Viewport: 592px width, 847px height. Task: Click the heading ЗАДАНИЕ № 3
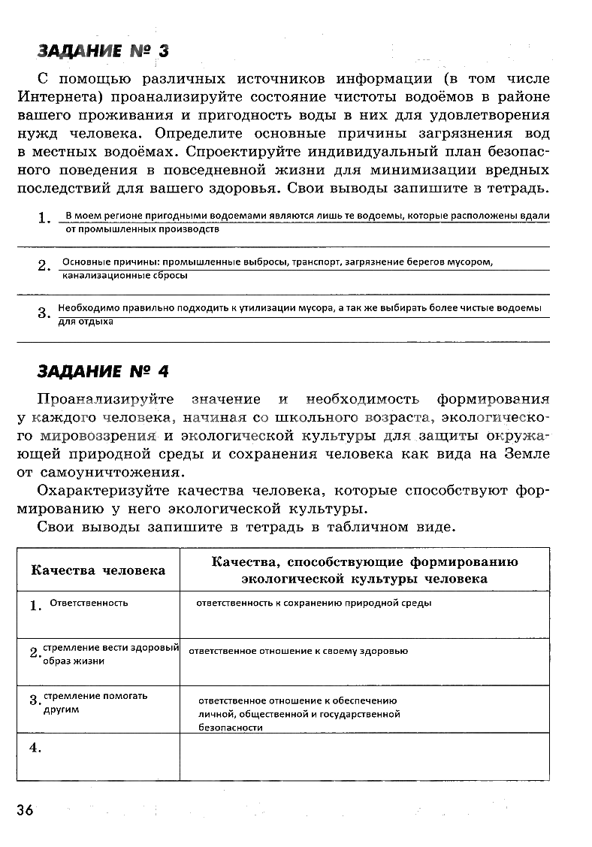103,51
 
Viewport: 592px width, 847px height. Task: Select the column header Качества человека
98,570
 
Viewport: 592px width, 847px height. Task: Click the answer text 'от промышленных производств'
143,229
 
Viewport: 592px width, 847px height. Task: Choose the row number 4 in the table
35,747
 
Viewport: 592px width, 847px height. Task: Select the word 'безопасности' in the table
231,728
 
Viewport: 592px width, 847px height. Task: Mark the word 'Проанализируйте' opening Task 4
105,399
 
